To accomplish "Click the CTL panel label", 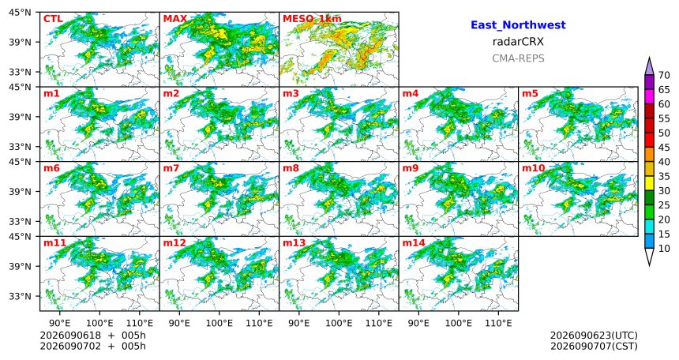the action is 53,19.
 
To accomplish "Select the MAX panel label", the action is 175,19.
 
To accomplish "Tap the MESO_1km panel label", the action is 312,19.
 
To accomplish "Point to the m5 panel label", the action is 531,93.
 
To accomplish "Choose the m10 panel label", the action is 534,167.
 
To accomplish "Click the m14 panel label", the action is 414,242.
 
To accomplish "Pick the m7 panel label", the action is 171,167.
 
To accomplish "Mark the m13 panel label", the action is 294,242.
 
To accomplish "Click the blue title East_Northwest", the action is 518,25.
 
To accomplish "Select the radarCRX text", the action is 518,42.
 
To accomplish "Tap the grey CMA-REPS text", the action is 518,58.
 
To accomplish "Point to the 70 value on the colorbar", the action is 664,75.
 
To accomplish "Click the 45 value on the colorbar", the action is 664,148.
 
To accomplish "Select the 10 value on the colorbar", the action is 664,248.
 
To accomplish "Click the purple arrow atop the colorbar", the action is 649,66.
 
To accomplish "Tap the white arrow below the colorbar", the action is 649,257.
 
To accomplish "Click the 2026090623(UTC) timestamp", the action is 594,336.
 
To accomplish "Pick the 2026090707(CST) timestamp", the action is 594,346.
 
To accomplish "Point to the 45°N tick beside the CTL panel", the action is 20,12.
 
